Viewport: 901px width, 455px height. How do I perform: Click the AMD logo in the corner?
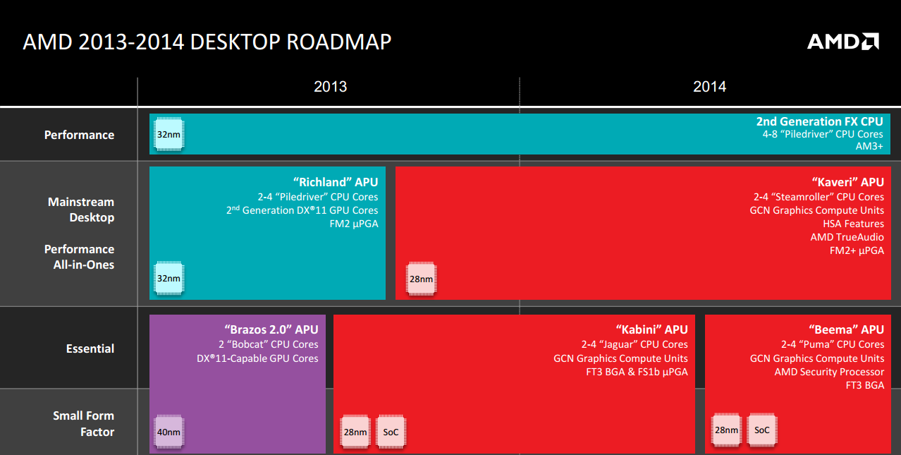click(842, 42)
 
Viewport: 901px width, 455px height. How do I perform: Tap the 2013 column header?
click(330, 87)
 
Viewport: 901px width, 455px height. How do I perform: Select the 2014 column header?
click(709, 87)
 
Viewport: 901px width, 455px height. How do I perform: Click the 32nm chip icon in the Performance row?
click(169, 134)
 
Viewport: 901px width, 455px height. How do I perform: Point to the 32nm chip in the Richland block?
click(169, 279)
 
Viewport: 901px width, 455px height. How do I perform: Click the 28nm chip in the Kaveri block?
click(421, 279)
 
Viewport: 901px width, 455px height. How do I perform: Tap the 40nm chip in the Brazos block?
click(169, 432)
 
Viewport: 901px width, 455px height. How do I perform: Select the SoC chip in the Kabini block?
click(391, 432)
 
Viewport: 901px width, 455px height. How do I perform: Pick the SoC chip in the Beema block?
click(762, 430)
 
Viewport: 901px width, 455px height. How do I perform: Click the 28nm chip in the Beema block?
click(726, 430)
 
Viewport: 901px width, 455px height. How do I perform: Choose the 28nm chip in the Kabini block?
click(355, 432)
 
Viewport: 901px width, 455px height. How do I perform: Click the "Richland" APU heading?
click(336, 182)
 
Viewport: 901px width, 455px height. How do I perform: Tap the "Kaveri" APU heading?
click(848, 182)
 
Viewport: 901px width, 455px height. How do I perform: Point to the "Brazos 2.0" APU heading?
click(271, 329)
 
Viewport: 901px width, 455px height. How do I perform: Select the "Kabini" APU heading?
click(651, 329)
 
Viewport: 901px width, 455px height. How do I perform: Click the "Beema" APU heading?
click(846, 329)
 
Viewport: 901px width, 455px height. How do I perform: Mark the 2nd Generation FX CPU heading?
click(819, 121)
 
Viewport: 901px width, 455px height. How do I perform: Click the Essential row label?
click(90, 348)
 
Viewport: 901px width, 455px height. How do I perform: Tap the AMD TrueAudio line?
click(847, 237)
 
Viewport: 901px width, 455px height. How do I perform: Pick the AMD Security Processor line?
click(829, 372)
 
